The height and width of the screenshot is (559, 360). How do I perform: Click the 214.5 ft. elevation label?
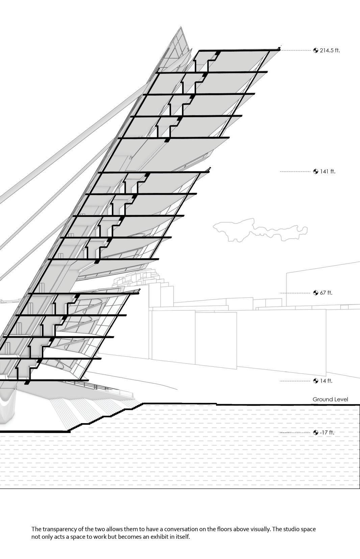click(330, 51)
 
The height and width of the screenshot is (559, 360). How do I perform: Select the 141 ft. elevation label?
click(328, 172)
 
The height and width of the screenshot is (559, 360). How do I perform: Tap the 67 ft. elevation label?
click(326, 293)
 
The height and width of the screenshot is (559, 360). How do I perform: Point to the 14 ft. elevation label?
click(326, 381)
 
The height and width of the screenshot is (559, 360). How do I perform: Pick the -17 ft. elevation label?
click(327, 433)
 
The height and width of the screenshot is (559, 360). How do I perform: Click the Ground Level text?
click(330, 399)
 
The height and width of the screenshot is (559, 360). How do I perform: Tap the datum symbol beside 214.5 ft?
click(316, 51)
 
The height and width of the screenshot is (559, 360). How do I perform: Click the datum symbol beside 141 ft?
click(316, 172)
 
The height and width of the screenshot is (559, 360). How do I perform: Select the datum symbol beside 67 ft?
click(316, 293)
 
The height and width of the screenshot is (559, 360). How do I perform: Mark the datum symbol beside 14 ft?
click(316, 381)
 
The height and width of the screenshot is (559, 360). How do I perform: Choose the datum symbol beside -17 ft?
click(316, 433)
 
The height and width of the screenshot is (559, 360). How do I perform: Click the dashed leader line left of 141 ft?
click(294, 172)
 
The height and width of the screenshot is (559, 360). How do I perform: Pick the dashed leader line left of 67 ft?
click(294, 293)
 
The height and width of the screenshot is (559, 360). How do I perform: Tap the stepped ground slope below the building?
click(101, 418)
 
